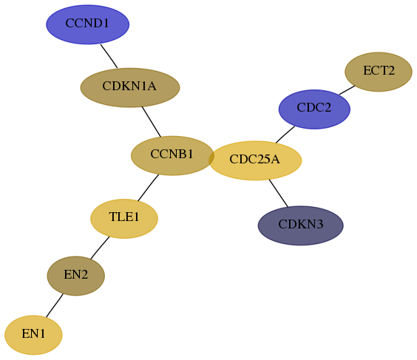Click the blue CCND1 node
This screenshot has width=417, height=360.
tap(88, 24)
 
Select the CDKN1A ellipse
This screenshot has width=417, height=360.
tap(130, 87)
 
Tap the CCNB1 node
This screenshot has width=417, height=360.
tap(172, 155)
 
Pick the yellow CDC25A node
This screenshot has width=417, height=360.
tap(255, 160)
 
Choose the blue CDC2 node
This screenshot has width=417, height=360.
tap(314, 109)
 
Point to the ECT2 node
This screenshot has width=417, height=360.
tap(379, 72)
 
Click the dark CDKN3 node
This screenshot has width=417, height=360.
tap(300, 225)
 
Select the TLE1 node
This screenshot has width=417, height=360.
tap(124, 219)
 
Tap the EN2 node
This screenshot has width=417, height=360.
tap(76, 276)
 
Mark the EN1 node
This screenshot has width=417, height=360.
tap(33, 335)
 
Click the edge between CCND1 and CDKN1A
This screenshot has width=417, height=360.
tap(109, 56)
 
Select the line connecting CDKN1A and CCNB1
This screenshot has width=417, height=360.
tap(152, 122)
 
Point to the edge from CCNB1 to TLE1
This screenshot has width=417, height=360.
tap(148, 188)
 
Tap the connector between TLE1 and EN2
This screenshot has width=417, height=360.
tap(100, 248)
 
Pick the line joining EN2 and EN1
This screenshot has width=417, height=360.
tap(55, 305)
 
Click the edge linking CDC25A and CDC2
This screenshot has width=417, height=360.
tap(285, 135)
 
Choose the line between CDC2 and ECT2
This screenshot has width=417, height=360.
tap(347, 90)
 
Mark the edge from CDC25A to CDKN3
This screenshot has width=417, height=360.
tap(279, 193)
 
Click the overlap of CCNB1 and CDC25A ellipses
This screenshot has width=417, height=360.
tap(211, 158)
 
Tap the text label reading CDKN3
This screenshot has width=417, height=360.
tap(300, 224)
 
